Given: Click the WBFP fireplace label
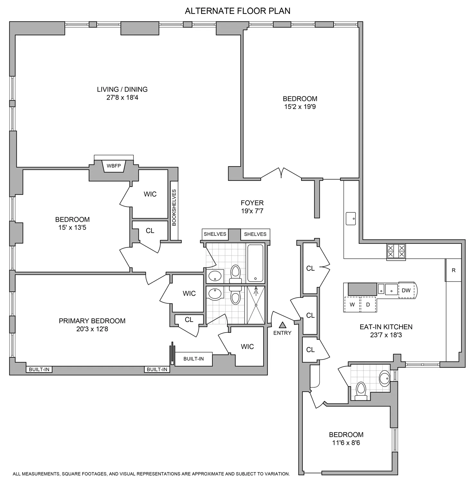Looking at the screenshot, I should (114, 166).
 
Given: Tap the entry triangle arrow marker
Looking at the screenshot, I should (282, 325).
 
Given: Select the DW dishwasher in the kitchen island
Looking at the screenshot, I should (406, 290).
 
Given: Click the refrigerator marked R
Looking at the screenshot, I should (453, 270).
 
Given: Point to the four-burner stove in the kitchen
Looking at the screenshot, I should (396, 251).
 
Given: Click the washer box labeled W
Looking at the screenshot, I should (352, 305).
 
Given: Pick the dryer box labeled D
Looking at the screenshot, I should (368, 305).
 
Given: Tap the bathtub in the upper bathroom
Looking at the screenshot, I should (255, 263).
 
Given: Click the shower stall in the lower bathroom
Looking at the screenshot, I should (256, 305).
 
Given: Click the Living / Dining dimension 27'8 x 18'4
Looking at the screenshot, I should (122, 98).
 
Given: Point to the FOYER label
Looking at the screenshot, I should (252, 203).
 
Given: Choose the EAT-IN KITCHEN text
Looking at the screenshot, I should (386, 327).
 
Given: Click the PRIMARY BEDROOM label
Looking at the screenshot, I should (92, 321).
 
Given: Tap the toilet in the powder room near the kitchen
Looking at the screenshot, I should (361, 391).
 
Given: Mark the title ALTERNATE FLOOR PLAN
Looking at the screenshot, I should (237, 11).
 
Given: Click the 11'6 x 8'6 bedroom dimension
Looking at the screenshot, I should (346, 443).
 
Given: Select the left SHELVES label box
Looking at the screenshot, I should (215, 234).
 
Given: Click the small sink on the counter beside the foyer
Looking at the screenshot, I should (351, 219).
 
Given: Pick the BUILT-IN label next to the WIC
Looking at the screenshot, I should (193, 359).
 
